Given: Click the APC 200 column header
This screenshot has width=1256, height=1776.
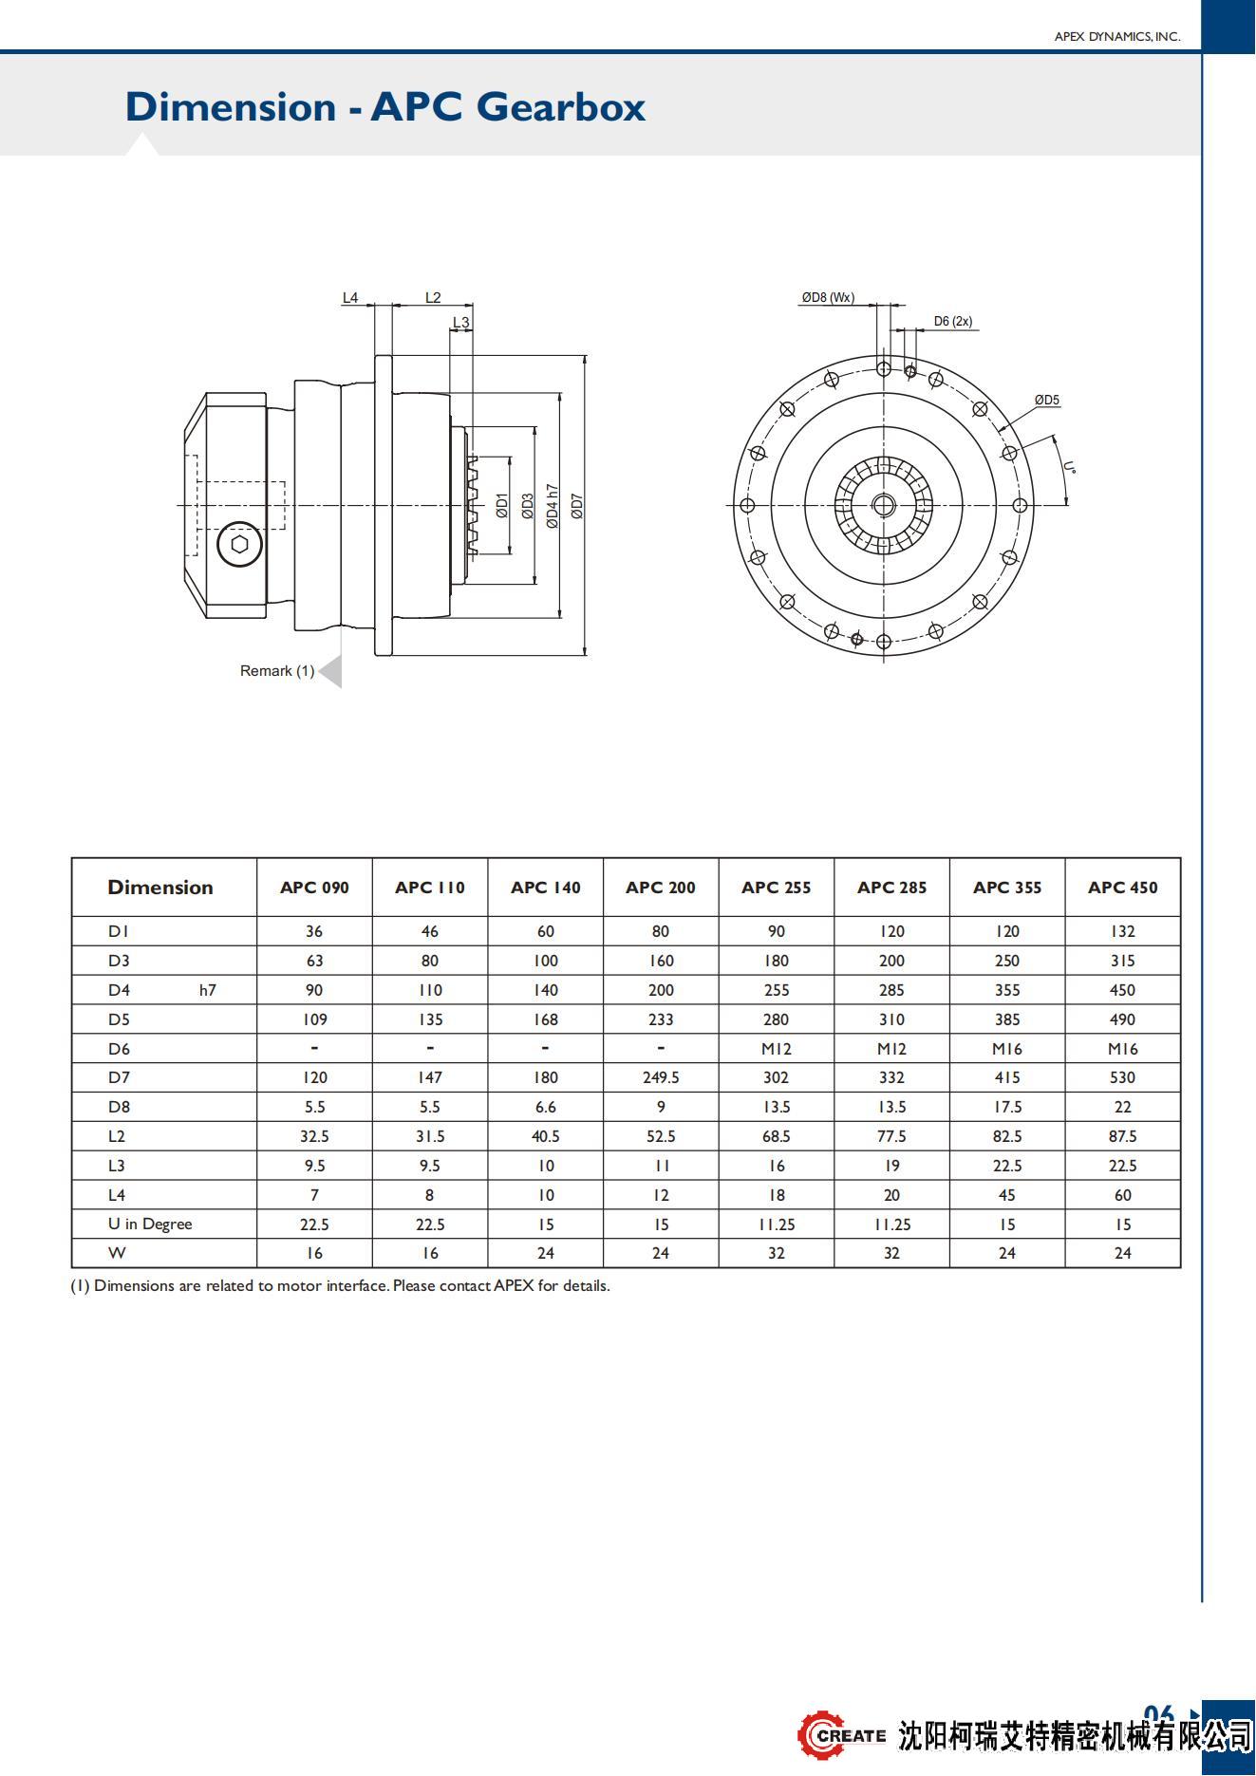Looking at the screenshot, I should click(661, 888).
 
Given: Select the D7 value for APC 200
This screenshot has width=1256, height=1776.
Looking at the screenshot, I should click(661, 1077).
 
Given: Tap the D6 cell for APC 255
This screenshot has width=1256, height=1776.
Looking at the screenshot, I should click(776, 1049).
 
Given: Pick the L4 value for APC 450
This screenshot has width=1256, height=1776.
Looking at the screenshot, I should click(1122, 1195).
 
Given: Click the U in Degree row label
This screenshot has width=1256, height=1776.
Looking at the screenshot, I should click(150, 1225).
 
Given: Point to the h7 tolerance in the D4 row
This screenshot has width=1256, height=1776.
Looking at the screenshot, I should click(208, 990).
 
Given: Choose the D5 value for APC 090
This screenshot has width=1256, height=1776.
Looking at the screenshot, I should click(314, 1019).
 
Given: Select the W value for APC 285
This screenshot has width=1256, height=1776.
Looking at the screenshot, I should click(891, 1253).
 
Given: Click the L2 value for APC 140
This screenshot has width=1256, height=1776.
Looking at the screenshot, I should click(545, 1136).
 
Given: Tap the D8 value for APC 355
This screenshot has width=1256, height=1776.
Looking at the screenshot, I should click(1007, 1107).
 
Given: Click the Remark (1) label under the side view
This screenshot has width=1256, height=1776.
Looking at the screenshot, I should click(277, 671).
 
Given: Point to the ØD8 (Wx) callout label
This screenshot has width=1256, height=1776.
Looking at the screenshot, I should click(828, 298).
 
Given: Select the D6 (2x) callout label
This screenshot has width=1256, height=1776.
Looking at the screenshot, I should click(952, 322).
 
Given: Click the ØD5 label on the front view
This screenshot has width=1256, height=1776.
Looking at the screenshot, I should click(1047, 401).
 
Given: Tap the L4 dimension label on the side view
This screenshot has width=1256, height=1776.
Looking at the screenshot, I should click(350, 298).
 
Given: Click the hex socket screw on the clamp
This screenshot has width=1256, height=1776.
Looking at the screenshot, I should click(239, 545).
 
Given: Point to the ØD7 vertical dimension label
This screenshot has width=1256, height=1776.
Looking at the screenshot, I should click(577, 506).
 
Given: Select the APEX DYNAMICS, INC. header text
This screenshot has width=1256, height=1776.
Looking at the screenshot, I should click(1117, 37).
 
